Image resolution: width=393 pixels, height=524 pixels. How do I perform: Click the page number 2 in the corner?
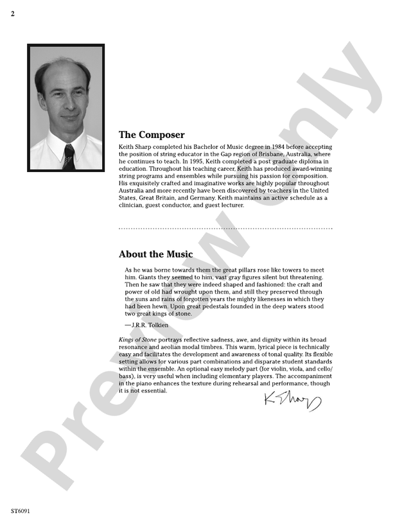[x=13, y=14]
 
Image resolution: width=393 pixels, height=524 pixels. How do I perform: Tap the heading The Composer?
[x=152, y=135]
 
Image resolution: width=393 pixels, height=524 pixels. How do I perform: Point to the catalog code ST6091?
[x=21, y=512]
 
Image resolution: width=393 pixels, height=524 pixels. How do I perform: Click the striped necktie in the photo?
[x=69, y=156]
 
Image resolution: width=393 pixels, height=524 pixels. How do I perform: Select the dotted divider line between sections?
[x=225, y=228]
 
